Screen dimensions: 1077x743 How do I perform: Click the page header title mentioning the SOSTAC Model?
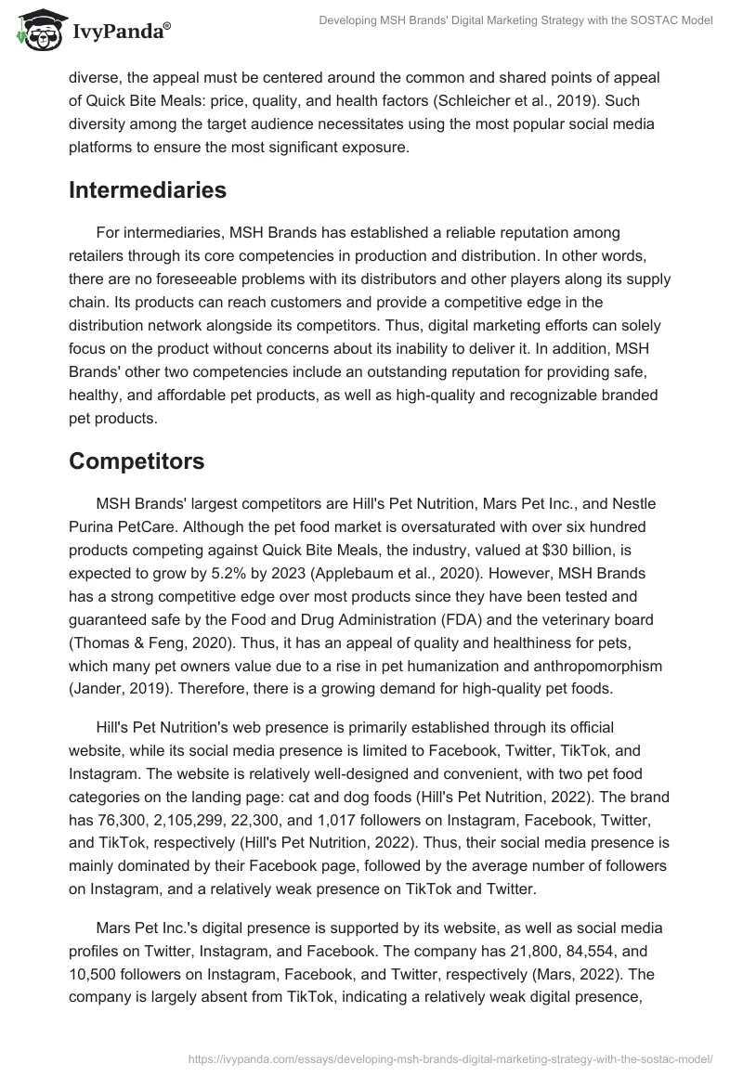(x=515, y=20)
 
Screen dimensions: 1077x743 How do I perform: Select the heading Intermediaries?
(x=147, y=189)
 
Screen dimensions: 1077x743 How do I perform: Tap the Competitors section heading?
(x=137, y=461)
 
